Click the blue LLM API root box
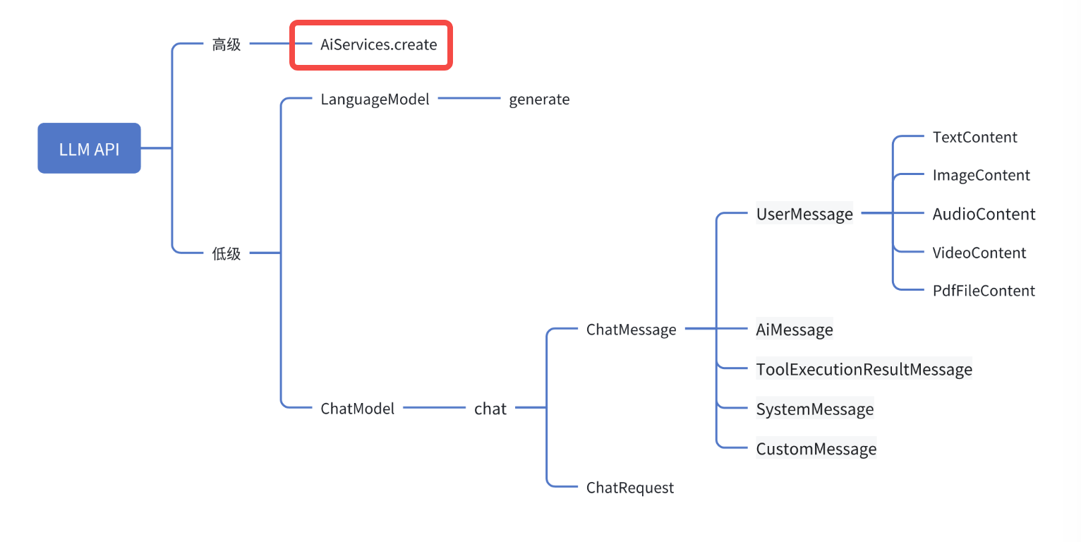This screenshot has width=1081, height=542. coord(89,148)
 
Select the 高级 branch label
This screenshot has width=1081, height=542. coord(227,45)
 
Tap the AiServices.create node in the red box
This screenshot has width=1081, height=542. coord(378,45)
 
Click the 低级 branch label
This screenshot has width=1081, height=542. coord(227,253)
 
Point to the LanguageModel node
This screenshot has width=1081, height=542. coord(375,100)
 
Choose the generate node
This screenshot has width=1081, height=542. coord(539,100)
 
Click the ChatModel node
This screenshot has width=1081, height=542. coord(357,408)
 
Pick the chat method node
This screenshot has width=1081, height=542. coord(490,408)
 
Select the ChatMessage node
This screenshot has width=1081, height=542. coord(631,330)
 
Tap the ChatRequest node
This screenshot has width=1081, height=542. coord(629,488)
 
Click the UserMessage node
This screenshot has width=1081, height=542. coord(804,214)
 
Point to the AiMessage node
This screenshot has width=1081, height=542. coord(795,330)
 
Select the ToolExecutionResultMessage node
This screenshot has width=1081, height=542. coord(864,369)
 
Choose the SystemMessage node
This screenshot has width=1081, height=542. coord(815,409)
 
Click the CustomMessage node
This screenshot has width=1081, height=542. coord(816,449)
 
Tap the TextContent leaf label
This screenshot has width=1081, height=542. coord(974,137)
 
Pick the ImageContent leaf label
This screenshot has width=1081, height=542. coord(981,175)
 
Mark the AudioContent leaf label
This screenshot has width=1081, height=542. coord(984,214)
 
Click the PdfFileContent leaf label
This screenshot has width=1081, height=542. coord(984,291)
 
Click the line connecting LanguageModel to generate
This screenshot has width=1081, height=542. coord(469,99)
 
